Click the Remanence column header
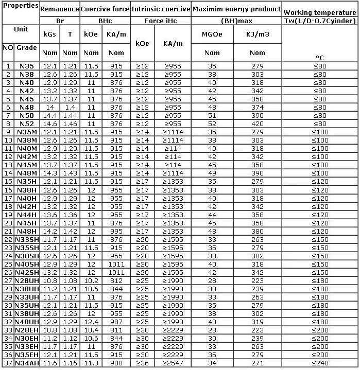coord(59,9)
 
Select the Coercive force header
coord(105,9)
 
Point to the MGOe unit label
coord(212,35)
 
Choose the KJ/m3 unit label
coord(257,35)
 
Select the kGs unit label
coord(50,35)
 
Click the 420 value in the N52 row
coord(257,124)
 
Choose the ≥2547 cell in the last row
coord(173,363)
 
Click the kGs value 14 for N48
coord(50,107)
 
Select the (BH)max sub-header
coord(236,21)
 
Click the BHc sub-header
coord(105,21)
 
